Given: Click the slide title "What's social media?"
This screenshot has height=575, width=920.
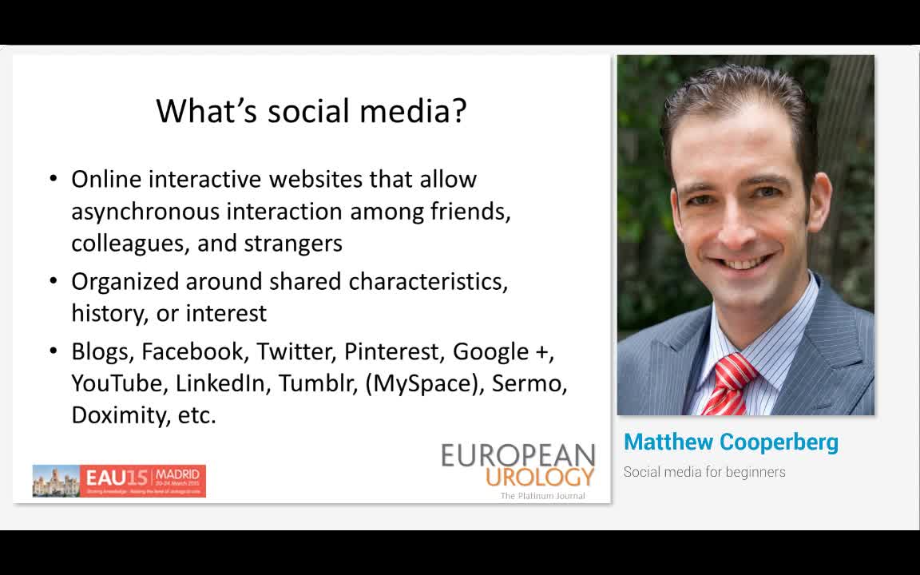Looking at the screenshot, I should click(x=311, y=111).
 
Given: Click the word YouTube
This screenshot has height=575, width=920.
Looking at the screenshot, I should click(x=117, y=383).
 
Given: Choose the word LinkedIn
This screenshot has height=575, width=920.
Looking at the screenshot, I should click(x=220, y=383).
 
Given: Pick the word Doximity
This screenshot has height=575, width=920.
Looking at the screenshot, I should click(x=116, y=415).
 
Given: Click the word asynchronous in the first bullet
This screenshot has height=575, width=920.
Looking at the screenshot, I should click(x=145, y=212).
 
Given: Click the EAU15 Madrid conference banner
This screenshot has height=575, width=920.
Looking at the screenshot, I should click(x=119, y=481).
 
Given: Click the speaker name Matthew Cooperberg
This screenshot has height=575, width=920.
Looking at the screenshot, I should click(x=731, y=442).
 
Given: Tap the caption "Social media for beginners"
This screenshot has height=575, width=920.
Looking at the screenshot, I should click(x=704, y=472).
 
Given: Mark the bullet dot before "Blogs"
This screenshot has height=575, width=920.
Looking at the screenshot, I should click(x=54, y=351).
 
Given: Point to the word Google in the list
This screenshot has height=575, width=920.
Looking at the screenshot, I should click(x=491, y=351).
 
